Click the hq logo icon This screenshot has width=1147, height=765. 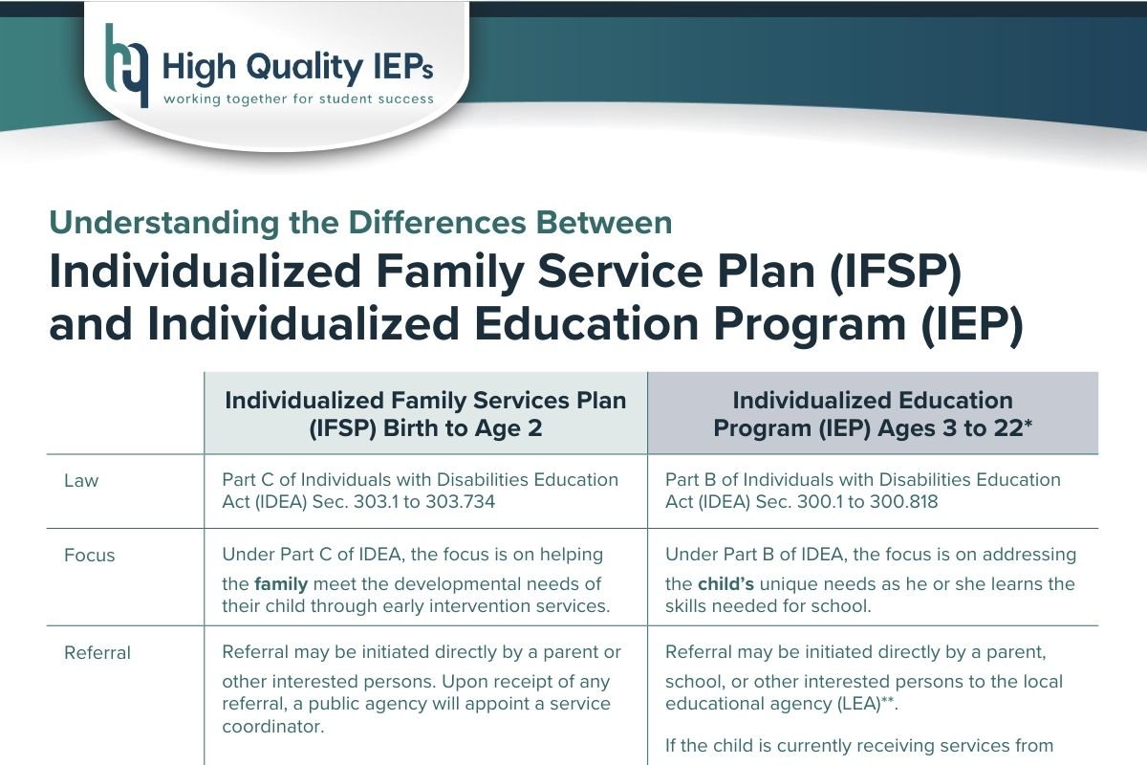click(x=126, y=66)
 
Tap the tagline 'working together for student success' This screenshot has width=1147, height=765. click(x=298, y=98)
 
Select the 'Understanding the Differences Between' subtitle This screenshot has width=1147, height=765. click(x=360, y=223)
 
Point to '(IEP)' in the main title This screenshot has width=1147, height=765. click(x=971, y=325)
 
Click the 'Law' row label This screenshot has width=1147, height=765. click(x=81, y=481)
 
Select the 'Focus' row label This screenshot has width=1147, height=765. click(x=89, y=556)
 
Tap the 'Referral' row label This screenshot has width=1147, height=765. click(x=97, y=653)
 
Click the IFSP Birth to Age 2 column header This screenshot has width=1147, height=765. click(x=425, y=414)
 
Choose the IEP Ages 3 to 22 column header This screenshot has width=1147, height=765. click(x=873, y=414)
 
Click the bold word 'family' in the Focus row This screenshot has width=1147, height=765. click(x=281, y=584)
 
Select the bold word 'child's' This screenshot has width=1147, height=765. click(x=726, y=584)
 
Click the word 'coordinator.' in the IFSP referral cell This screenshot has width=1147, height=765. click(x=273, y=727)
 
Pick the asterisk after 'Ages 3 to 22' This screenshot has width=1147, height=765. click(x=1028, y=424)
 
